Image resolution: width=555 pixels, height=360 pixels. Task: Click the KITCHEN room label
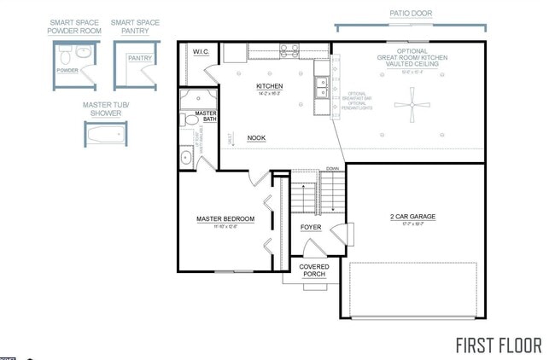(269, 87)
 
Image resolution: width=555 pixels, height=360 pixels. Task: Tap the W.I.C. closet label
(201, 52)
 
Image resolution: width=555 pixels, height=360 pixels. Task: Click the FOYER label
(311, 227)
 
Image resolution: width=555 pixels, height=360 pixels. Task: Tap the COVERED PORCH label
(313, 271)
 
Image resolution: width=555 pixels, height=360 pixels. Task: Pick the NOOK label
(256, 137)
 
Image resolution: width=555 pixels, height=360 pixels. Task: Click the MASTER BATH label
(205, 117)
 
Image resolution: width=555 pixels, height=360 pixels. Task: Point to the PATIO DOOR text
(410, 15)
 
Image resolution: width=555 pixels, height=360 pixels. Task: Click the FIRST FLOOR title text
(498, 345)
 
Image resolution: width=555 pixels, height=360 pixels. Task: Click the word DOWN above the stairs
(332, 169)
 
